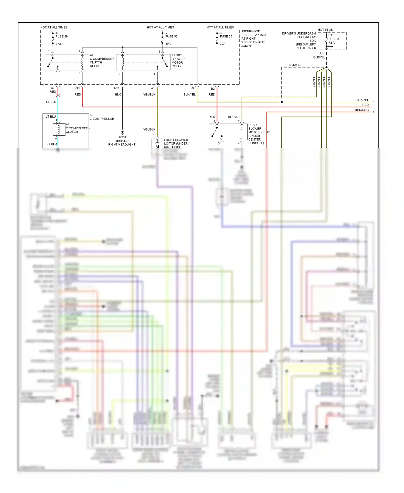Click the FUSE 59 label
pos(61,36)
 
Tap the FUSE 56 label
pos(171,36)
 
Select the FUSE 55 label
pos(226,36)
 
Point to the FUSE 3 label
pos(333,39)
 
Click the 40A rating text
pos(168,44)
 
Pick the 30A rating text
pos(222,44)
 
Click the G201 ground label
pos(122,137)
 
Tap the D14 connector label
pos(117,88)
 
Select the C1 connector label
pos(152,88)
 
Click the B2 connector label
pos(213,89)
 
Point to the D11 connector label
pos(77,88)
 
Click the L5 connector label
pos(322,53)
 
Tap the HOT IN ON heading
pos(325,30)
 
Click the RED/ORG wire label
pos(361,110)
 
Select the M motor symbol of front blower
pos(157,146)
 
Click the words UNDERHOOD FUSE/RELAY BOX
pos(253,33)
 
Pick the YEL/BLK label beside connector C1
pos(149,95)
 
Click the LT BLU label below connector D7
pos(51,102)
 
